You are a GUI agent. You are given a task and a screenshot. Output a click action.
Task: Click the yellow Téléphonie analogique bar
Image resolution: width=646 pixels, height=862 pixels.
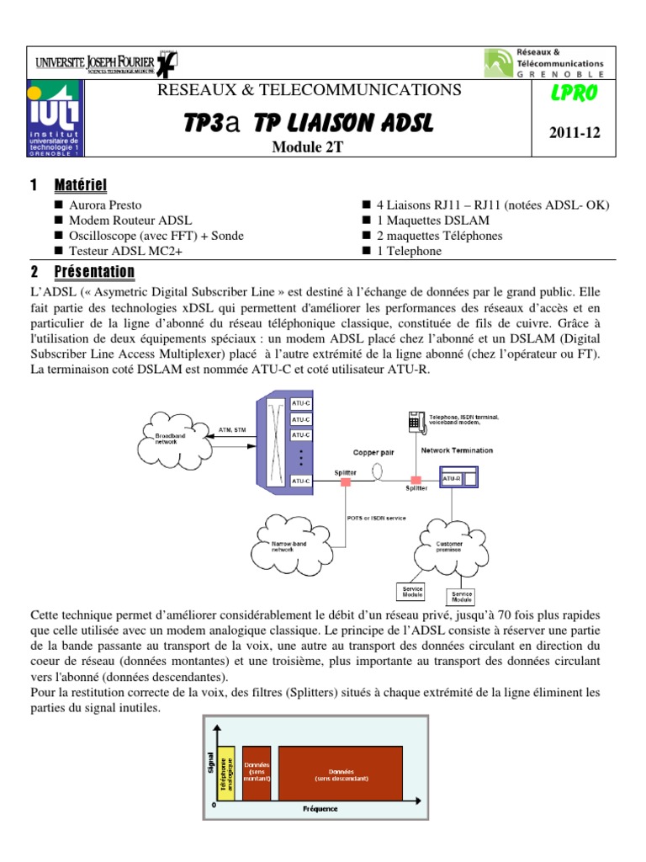point(225,771)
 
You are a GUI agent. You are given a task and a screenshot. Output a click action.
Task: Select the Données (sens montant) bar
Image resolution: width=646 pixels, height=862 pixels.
point(257,771)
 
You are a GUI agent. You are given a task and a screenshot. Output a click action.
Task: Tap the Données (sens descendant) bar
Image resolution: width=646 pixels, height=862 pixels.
point(341,771)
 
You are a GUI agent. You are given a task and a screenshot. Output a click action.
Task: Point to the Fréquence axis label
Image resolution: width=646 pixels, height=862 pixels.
point(320,809)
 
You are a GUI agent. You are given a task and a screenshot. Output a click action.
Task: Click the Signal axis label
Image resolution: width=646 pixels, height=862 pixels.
point(209,762)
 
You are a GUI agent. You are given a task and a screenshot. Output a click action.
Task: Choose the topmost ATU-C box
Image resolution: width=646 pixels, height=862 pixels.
point(302,403)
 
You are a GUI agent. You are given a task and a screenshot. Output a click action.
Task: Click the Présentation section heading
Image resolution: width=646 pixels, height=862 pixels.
point(94,272)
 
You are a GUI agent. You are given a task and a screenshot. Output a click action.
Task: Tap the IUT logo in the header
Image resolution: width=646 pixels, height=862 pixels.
point(54,120)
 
